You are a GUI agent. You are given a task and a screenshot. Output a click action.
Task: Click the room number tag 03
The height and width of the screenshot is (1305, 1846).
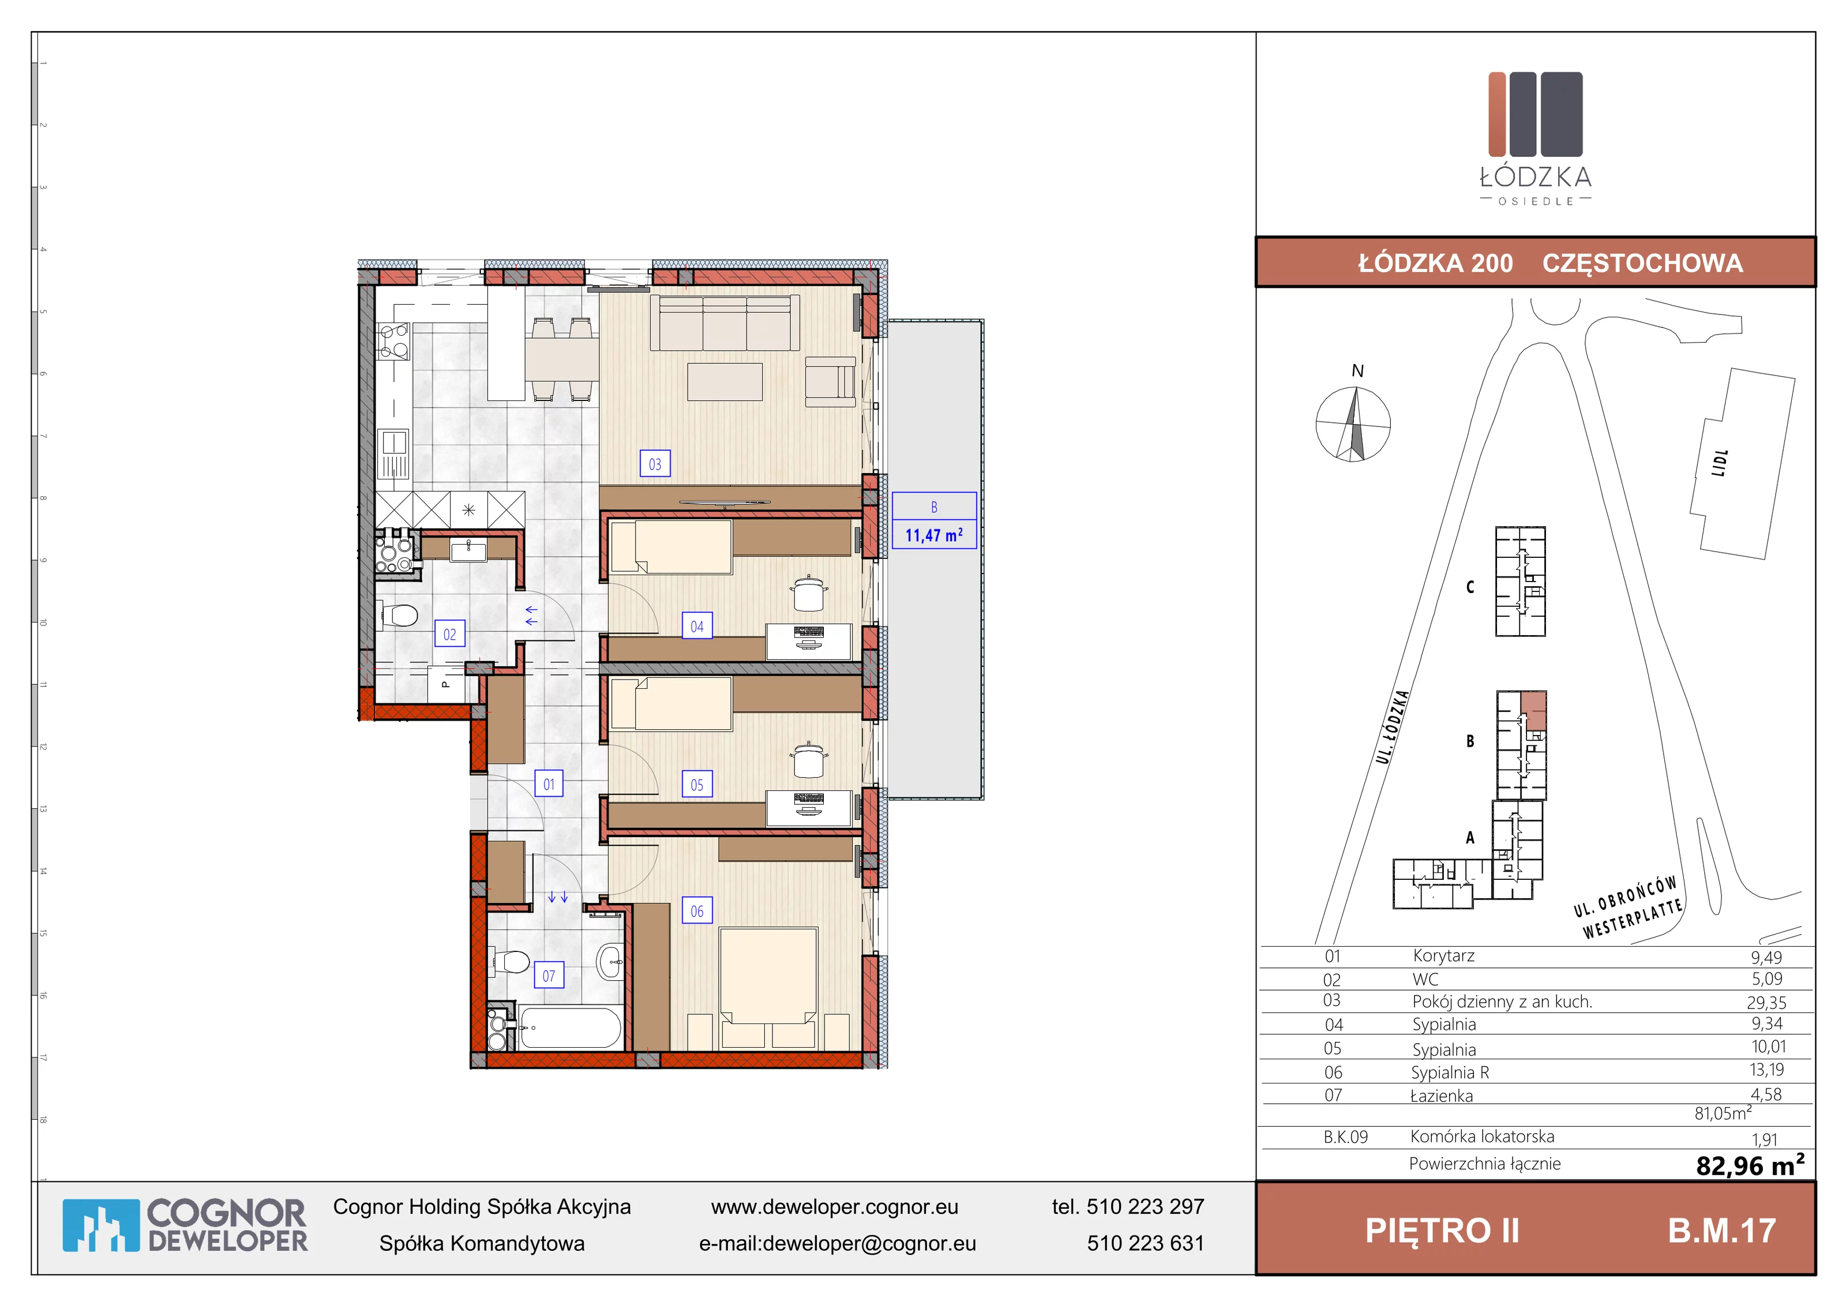point(654,464)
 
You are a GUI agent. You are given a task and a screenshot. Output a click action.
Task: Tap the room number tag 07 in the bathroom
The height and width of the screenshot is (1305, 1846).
point(549,976)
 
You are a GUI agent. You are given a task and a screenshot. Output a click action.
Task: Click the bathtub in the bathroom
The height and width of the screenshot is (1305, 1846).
point(570,1027)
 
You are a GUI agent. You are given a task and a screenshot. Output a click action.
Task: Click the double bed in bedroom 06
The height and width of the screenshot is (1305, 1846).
point(768,987)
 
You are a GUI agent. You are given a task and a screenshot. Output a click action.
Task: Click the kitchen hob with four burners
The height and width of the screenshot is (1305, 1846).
point(394,341)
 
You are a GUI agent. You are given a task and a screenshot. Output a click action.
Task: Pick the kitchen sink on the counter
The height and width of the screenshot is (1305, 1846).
point(394,456)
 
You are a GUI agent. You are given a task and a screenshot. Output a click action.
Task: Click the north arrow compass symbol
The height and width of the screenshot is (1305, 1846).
point(1353,423)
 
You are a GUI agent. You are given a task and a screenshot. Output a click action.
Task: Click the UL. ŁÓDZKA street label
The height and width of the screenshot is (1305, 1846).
point(1393,727)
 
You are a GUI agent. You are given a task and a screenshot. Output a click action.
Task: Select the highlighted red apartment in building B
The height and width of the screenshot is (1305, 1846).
point(1534,710)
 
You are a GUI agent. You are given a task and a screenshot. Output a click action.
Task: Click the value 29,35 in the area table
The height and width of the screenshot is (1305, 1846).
point(1766,1003)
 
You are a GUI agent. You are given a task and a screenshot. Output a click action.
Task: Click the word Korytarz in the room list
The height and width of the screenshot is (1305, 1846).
point(1444,956)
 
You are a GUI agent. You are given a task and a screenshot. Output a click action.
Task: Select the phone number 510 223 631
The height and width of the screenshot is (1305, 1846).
point(1146,1243)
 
